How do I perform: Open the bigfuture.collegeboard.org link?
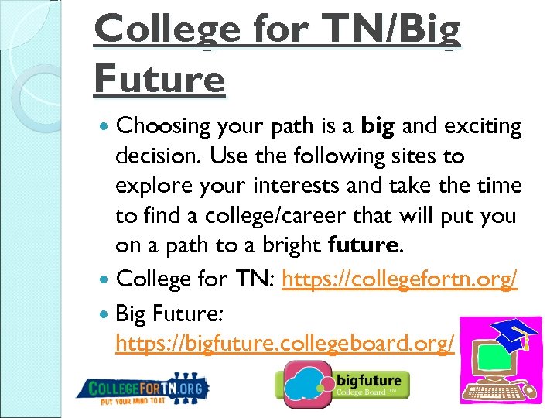[285, 344]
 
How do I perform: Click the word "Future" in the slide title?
[159, 78]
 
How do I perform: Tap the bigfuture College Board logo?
[342, 384]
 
